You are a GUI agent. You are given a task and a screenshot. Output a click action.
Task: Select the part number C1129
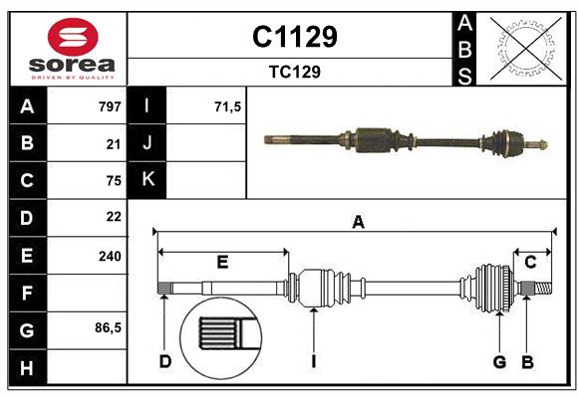[294, 37]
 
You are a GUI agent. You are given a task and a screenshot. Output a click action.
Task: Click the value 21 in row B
[113, 143]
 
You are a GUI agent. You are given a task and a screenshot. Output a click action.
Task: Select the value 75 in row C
[113, 180]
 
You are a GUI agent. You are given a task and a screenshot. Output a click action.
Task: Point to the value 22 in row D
[113, 217]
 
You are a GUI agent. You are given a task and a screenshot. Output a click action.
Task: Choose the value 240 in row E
[110, 256]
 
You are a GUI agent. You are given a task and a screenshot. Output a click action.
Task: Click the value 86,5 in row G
[108, 327]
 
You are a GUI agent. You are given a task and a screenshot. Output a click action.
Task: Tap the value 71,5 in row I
[228, 106]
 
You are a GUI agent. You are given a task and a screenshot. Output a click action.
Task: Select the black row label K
[147, 180]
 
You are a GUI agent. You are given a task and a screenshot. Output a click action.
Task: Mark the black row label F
[27, 293]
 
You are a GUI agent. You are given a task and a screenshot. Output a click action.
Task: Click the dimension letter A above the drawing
[357, 223]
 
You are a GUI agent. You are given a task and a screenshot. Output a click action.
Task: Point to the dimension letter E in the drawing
[222, 262]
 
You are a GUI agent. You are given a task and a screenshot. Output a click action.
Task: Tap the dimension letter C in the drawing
[530, 262]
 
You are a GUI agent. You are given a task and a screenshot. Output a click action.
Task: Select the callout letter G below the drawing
[499, 361]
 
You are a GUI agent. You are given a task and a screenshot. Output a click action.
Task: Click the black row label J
[147, 143]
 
